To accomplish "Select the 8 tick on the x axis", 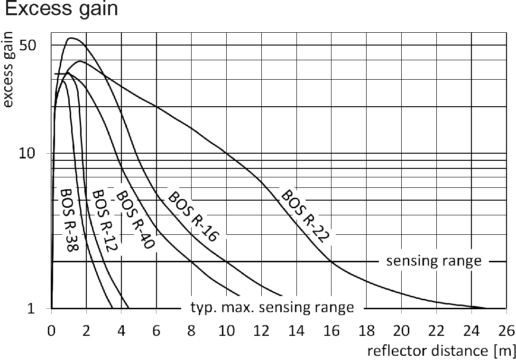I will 191,330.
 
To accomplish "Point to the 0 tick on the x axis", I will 51,330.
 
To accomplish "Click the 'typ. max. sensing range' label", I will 272,307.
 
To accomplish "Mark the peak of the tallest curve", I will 72,38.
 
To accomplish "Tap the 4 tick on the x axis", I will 121,330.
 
